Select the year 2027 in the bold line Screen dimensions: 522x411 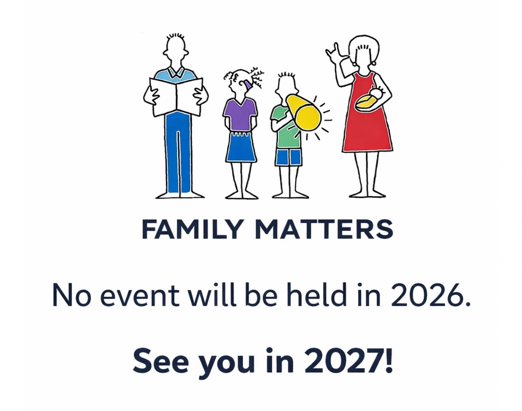point(348,361)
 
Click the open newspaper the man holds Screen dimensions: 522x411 point(176,97)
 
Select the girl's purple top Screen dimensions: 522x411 point(240,114)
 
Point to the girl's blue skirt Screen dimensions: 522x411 point(241,147)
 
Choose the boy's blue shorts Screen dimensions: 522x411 point(289,157)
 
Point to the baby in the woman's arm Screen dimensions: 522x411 point(369,99)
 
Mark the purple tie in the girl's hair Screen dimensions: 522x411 point(248,85)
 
